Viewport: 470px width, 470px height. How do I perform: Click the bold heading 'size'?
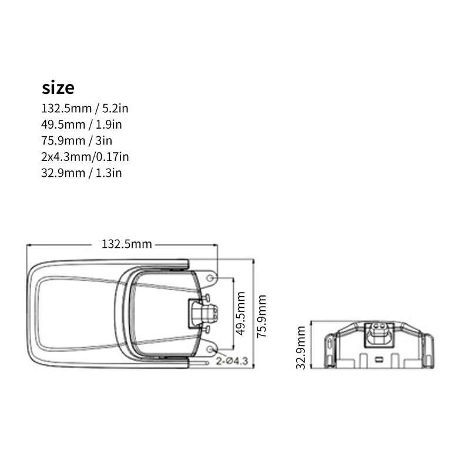coord(58,88)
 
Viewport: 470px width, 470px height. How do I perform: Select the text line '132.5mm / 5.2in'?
coord(85,109)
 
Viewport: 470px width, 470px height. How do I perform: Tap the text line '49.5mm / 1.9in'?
coord(82,125)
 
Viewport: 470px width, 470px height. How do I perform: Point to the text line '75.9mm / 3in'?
coord(77,141)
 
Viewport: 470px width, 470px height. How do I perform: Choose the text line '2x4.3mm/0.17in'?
coord(85,157)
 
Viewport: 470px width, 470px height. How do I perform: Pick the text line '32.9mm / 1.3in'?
coord(82,173)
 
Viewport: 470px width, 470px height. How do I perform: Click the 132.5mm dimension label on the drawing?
coord(127,244)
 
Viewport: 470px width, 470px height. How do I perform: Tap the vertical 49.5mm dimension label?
coord(241,313)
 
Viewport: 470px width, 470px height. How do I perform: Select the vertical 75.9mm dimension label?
coord(261,316)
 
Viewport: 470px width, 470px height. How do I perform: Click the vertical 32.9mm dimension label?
coord(301,347)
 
